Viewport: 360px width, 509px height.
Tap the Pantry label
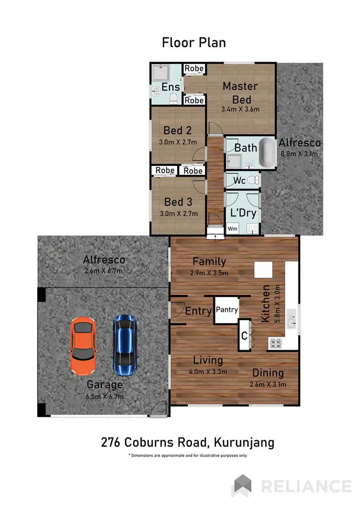227,310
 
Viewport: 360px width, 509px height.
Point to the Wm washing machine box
232,229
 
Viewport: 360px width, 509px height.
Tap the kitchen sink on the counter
291,316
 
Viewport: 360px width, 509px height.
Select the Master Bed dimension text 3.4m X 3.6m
240,109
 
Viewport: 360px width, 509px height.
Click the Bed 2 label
173,130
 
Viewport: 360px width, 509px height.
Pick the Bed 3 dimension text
179,213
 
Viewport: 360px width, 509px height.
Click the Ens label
171,87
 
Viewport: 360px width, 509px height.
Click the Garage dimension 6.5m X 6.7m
105,396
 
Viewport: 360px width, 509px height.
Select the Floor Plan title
194,42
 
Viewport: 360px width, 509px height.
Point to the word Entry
198,311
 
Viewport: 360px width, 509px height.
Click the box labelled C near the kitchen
244,336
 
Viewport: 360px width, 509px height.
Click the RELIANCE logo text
305,486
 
